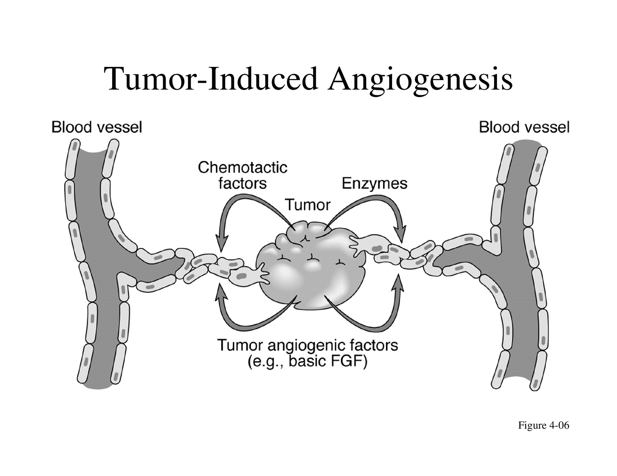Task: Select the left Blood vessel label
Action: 97,127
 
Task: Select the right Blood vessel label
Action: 524,127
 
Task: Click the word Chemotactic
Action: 243,168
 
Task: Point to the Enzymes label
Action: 374,184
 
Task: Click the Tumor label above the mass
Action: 308,205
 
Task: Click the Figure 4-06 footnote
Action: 543,425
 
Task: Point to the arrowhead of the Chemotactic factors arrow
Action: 222,242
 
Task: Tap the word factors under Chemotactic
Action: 243,183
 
